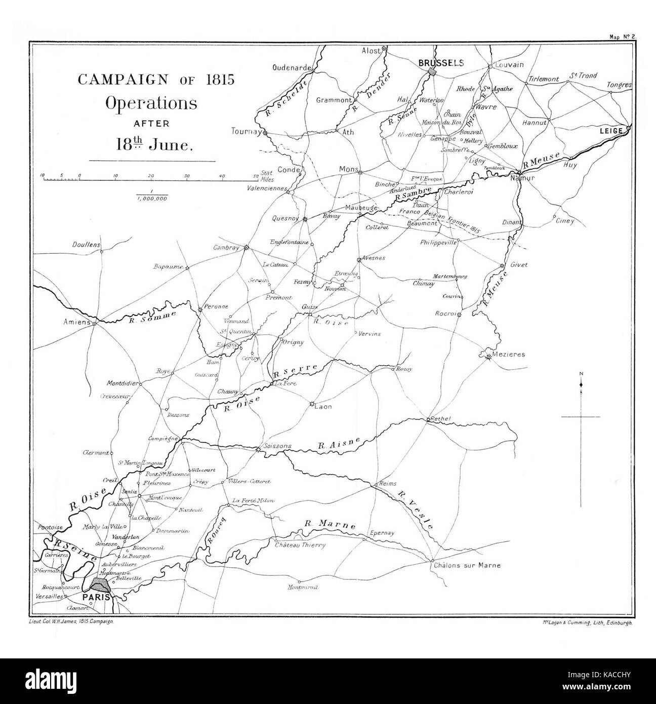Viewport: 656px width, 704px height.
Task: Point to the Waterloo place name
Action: (x=431, y=100)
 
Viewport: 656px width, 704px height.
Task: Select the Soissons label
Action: (x=278, y=446)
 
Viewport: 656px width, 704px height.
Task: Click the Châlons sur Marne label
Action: (x=466, y=565)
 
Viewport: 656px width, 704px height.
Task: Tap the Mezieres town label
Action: (x=509, y=355)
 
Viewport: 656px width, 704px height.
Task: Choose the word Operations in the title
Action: (x=151, y=103)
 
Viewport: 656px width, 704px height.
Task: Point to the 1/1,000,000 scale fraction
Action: (x=152, y=195)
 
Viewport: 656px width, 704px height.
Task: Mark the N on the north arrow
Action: (x=581, y=374)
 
